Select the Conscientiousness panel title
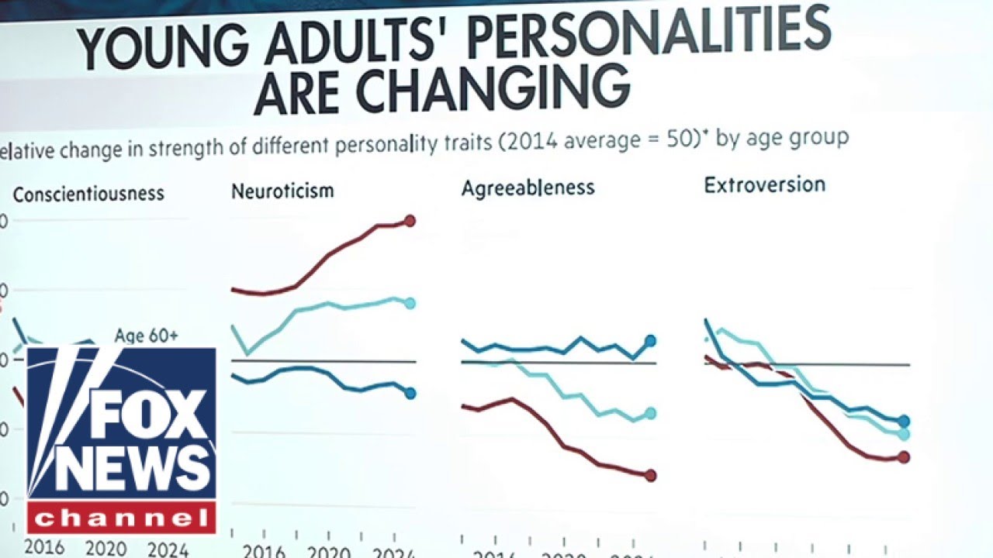coord(88,193)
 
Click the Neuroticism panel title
coord(282,191)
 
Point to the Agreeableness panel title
coord(528,188)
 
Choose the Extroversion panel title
coord(764,184)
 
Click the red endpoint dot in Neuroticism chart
coord(410,221)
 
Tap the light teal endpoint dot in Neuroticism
coord(410,303)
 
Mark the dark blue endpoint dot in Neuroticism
coord(410,393)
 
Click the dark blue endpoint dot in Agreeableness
coord(650,340)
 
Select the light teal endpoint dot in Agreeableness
coord(650,413)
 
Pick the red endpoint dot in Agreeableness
coord(650,475)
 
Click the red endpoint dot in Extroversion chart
coord(903,456)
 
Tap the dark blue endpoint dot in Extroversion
coord(903,422)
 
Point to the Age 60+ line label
coord(146,336)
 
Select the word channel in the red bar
coord(122,517)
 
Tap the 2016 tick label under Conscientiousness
coord(44,547)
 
